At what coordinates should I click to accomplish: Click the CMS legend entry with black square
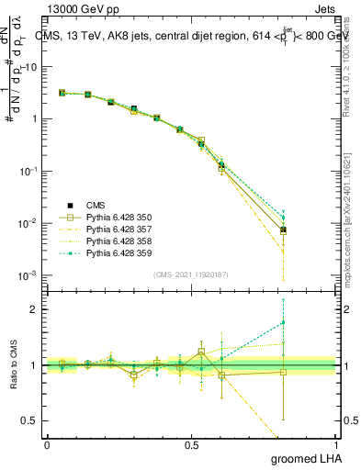tap(98, 205)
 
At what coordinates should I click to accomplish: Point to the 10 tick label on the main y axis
tap(31, 67)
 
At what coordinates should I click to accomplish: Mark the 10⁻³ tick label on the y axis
tap(29, 275)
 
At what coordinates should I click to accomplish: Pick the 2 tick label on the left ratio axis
tap(36, 309)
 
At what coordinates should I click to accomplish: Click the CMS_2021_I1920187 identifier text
tap(191, 274)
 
